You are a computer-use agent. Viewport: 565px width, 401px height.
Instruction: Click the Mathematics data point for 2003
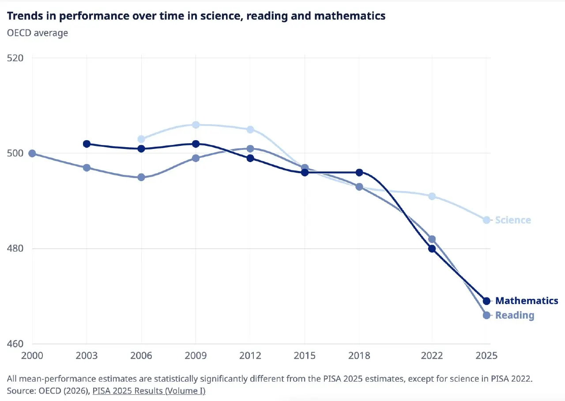coord(87,144)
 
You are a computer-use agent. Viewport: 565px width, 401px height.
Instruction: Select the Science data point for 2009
coord(196,125)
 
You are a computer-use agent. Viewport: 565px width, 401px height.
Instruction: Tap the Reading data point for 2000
coord(32,153)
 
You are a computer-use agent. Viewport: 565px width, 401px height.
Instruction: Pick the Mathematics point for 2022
coord(432,249)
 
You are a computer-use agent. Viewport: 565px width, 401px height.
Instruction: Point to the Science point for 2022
coord(432,196)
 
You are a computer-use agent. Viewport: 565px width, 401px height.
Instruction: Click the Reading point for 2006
coord(141,177)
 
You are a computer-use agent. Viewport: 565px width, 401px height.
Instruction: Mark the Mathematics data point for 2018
coord(359,173)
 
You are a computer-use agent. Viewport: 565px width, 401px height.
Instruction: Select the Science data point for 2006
coord(141,139)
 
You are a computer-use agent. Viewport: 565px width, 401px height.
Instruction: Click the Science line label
coord(513,220)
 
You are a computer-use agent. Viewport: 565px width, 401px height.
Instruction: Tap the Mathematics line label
coord(527,301)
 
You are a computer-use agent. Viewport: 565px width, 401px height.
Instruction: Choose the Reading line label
coord(515,316)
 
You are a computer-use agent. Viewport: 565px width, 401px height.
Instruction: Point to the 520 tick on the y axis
coord(15,58)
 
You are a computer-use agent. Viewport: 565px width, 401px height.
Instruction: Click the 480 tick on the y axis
coord(15,249)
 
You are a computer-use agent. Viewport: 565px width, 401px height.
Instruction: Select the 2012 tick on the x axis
coord(250,356)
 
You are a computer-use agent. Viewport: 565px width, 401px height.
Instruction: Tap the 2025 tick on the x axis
coord(486,356)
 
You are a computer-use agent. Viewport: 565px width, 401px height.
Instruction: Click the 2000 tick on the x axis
coord(32,356)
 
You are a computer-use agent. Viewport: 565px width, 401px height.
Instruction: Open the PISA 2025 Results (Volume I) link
coord(149,391)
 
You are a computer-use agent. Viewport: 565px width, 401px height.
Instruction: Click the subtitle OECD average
coord(38,33)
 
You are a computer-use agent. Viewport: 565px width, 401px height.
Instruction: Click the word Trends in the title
coord(25,16)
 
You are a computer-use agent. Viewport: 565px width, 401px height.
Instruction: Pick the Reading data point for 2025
coord(486,315)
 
